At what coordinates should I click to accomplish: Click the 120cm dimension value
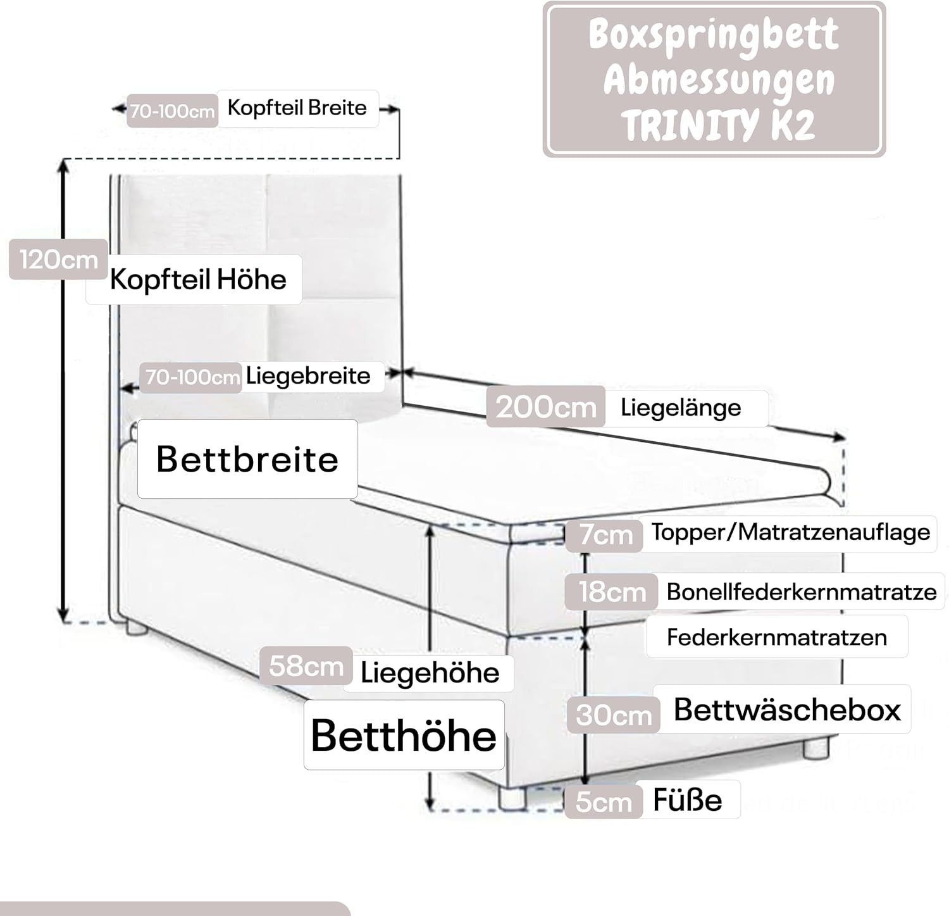point(58,260)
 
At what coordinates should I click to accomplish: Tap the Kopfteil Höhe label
point(198,279)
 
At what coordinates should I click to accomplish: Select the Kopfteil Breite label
point(297,108)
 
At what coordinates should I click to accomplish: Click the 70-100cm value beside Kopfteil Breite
point(172,111)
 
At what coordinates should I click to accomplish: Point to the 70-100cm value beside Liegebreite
point(192,377)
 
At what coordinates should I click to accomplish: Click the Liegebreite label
point(308,376)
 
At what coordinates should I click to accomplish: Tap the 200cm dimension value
point(545,406)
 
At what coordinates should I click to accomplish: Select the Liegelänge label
point(681,407)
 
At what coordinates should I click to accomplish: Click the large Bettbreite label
point(247,459)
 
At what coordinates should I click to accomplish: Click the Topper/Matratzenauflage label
point(791,532)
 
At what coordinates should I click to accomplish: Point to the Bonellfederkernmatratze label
point(801,592)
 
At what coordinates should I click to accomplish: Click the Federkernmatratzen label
point(776,637)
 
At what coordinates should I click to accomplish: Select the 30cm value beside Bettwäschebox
point(613,715)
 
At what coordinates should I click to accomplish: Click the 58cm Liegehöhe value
point(306,666)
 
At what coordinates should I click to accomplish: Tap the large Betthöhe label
point(404,735)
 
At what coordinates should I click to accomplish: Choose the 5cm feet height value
point(603,801)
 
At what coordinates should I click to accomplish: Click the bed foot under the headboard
point(135,628)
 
